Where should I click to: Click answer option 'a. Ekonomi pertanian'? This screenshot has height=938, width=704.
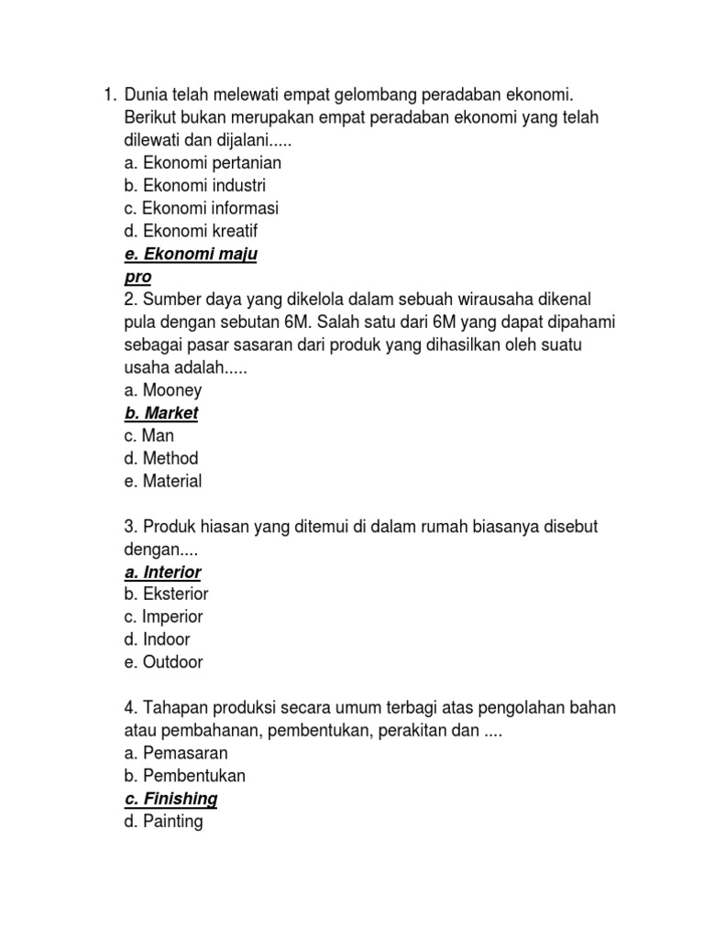203,163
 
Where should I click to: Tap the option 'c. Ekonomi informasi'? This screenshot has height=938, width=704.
201,209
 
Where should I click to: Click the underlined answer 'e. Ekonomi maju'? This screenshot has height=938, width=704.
191,255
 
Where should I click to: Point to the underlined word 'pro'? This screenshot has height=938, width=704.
137,277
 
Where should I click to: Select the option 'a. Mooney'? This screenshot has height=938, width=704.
162,390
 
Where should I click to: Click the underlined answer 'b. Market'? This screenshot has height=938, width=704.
161,413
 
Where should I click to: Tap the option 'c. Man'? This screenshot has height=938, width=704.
148,436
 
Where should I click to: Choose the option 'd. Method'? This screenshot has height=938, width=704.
161,458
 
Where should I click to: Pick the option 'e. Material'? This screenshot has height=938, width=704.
163,481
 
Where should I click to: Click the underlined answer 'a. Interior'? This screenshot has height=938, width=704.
162,573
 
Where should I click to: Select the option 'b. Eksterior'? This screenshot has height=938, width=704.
166,594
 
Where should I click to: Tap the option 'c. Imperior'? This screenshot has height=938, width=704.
163,616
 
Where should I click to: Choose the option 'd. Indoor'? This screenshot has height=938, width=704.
157,639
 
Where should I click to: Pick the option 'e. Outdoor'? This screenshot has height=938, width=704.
163,662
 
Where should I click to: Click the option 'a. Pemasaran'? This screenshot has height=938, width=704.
175,753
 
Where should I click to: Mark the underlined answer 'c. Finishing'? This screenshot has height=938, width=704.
171,799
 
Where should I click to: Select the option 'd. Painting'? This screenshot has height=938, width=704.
163,822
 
